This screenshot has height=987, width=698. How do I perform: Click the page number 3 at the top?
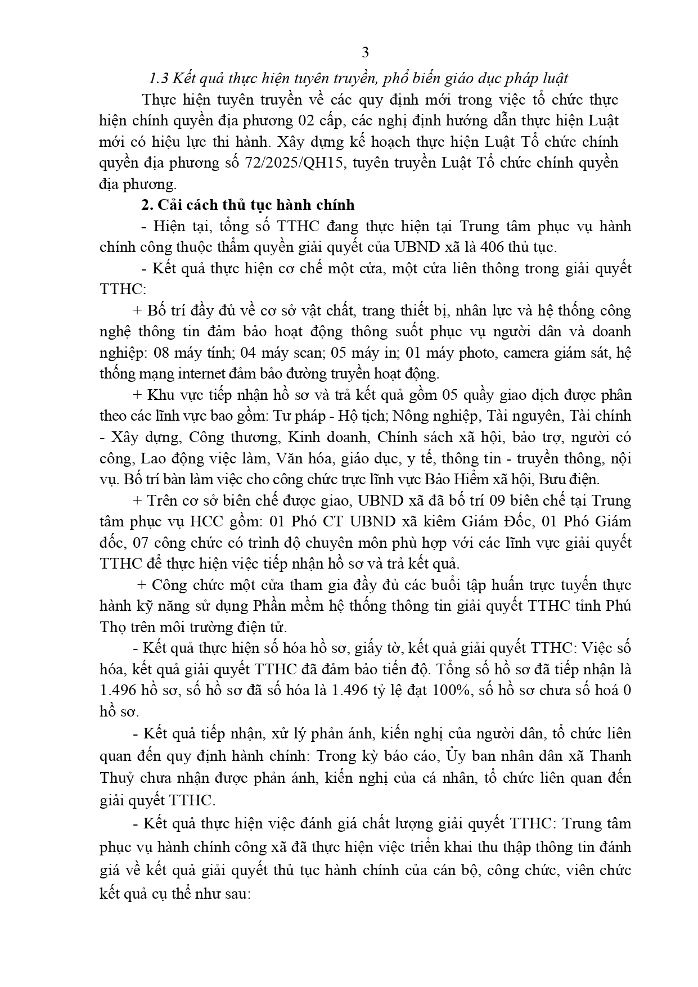click(365, 53)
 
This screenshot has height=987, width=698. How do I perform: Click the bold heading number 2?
click(147, 205)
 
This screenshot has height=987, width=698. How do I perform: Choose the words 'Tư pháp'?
click(296, 416)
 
